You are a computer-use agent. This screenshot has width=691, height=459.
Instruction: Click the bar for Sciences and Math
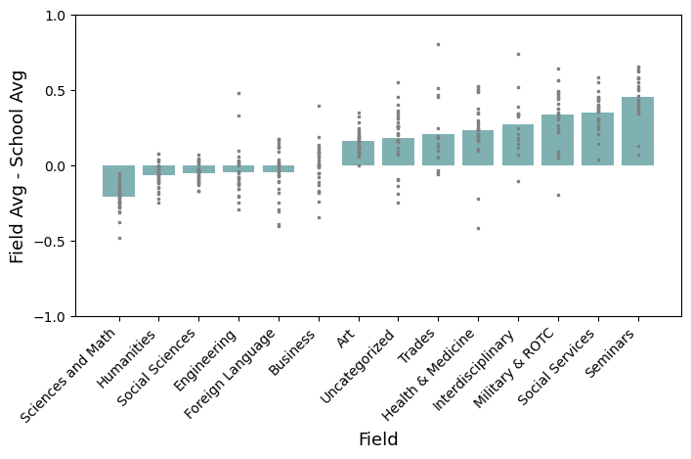(119, 181)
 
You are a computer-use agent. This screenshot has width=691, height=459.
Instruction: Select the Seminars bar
(637, 131)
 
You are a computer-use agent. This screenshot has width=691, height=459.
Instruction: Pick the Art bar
(358, 154)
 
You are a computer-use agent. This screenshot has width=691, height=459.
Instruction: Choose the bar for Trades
(438, 150)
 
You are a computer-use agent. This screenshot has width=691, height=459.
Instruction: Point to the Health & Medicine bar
(478, 148)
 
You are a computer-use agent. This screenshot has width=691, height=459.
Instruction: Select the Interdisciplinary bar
(518, 145)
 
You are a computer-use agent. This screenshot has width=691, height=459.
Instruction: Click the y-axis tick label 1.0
(53, 16)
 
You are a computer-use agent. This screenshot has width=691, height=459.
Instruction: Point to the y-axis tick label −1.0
(49, 316)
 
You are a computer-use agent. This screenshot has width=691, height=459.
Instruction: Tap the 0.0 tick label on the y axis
(53, 166)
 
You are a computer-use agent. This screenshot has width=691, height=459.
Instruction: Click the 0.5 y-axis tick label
(53, 91)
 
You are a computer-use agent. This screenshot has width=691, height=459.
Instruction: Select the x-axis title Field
(378, 439)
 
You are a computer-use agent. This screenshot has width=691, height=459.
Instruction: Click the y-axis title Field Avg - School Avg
(17, 166)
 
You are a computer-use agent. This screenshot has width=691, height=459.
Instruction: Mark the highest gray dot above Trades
(438, 44)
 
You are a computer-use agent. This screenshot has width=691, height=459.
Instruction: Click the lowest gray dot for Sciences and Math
(119, 238)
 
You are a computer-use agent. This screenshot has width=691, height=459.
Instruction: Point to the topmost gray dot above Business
(319, 106)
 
